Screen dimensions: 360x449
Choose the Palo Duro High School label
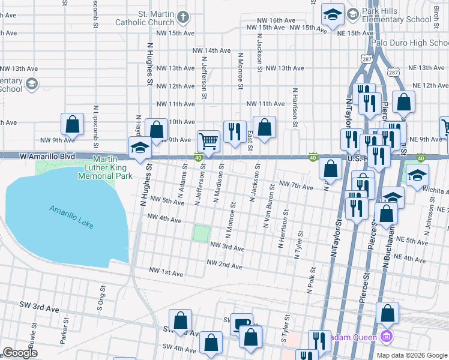pyautogui.click(x=409, y=43)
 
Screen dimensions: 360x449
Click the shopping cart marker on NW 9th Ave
pyautogui.click(x=208, y=141)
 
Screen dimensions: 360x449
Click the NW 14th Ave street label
pyautogui.click(x=211, y=50)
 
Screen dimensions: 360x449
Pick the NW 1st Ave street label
pyautogui.click(x=164, y=273)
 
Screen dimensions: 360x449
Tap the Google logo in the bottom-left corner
pyautogui.click(x=20, y=353)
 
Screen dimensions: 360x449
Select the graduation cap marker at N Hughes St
pyautogui.click(x=140, y=148)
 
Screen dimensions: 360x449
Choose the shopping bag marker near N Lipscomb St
pyautogui.click(x=72, y=124)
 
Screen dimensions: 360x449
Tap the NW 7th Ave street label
pyautogui.click(x=297, y=187)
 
